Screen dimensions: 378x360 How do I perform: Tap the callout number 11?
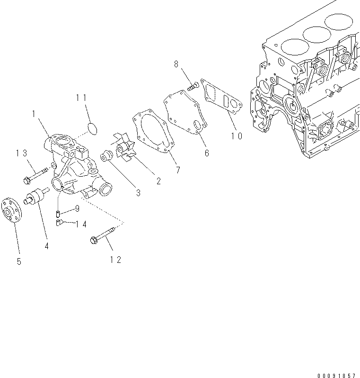pyautogui.click(x=81, y=98)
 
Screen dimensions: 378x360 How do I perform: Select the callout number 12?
pyautogui.click(x=115, y=259)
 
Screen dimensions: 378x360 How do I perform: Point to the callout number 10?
pyautogui.click(x=237, y=135)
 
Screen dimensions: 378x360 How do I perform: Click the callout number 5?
pyautogui.click(x=19, y=261)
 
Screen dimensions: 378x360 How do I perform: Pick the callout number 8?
pyautogui.click(x=176, y=63)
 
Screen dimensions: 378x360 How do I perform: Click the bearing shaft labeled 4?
pyautogui.click(x=36, y=197)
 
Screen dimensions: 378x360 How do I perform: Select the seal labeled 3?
pyautogui.click(x=106, y=154)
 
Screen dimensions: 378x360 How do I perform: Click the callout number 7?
pyautogui.click(x=177, y=170)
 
